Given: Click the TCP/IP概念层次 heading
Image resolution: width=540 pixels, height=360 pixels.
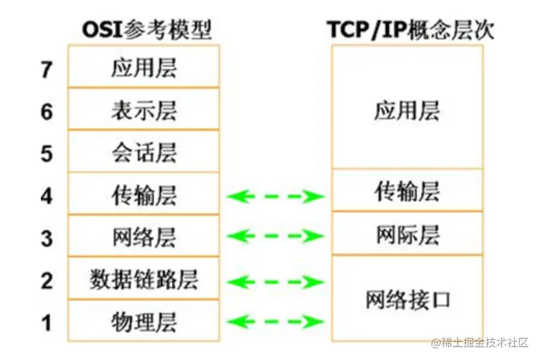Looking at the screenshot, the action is coord(407,28).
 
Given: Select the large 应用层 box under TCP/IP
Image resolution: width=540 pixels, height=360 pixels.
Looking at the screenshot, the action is coord(407,110).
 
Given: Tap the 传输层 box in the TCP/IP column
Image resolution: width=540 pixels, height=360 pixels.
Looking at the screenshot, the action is coord(407,191).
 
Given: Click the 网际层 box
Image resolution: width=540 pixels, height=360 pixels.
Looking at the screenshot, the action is coord(407,235).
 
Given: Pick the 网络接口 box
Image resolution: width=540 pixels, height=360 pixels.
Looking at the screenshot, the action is coord(407,298).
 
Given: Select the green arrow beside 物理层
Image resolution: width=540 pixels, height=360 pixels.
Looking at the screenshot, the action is coord(275,321).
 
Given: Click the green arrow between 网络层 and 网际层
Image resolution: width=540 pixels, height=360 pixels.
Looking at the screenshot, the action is coord(275,236).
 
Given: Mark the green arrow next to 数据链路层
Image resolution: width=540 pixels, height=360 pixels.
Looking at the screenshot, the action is coord(275,281).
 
